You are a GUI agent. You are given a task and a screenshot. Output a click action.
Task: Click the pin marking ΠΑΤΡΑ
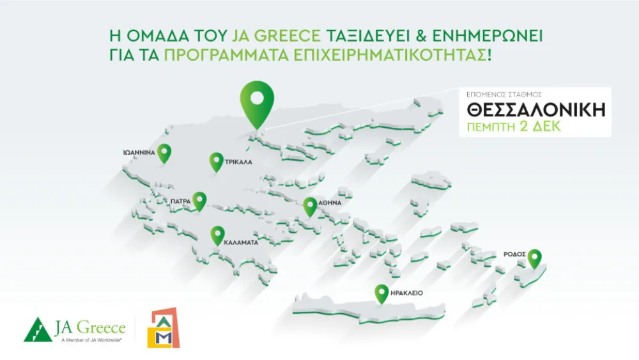pyautogui.click(x=200, y=201)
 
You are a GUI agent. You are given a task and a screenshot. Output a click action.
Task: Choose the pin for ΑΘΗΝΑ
pyautogui.click(x=310, y=206)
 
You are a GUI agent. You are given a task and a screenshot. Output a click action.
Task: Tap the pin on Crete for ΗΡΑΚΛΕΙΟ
pyautogui.click(x=381, y=293)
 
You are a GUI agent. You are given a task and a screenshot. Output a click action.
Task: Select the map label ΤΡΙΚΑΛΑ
pyautogui.click(x=239, y=163)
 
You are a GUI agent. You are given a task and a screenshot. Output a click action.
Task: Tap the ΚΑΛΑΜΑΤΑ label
pyautogui.click(x=241, y=244)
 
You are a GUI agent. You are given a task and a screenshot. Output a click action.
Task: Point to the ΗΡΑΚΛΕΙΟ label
pyautogui.click(x=407, y=293)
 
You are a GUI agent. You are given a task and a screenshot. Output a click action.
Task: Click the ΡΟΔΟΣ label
pyautogui.click(x=514, y=254)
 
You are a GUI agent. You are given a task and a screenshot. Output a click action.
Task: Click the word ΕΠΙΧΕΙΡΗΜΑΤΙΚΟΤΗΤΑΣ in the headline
pyautogui.click(x=385, y=54)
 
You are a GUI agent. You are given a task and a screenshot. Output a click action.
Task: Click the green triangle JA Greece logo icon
pyautogui.click(x=38, y=329)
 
